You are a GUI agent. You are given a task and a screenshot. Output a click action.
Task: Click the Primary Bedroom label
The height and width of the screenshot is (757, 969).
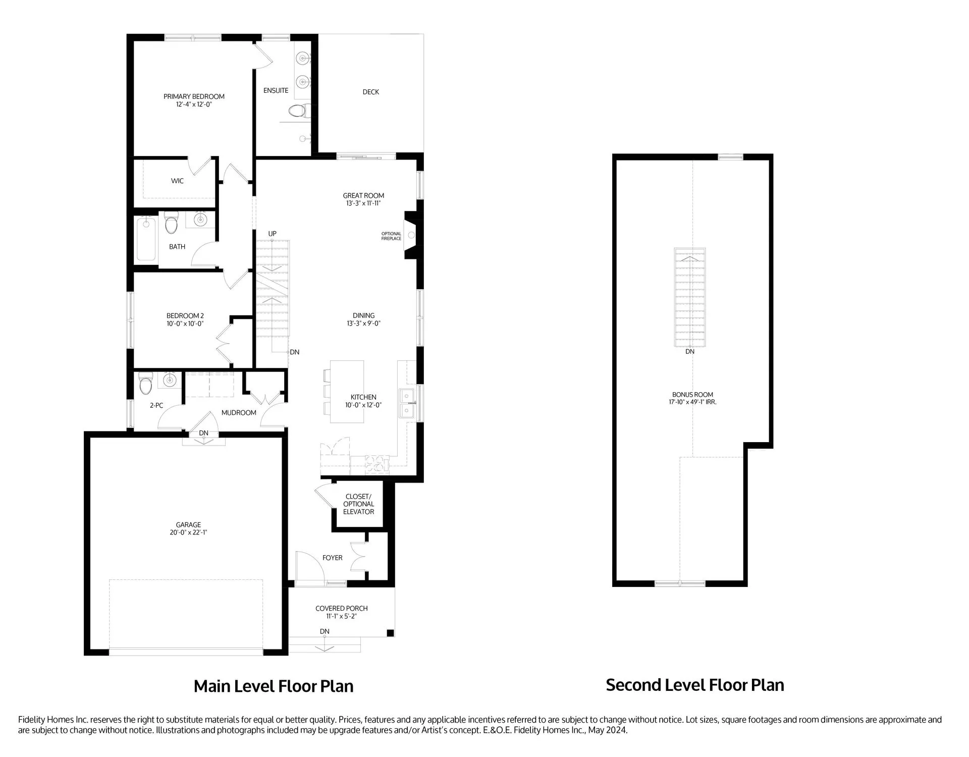pyautogui.click(x=194, y=96)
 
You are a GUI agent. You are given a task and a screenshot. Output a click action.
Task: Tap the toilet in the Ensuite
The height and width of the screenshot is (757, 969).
pyautogui.click(x=298, y=110)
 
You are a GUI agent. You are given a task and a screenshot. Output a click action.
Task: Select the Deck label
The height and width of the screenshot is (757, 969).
pyautogui.click(x=371, y=92)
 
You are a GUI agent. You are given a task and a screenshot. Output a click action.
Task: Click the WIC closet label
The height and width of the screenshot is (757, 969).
pyautogui.click(x=177, y=181)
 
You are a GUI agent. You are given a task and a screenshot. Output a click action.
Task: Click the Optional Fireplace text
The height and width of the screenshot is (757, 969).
pyautogui.click(x=391, y=236)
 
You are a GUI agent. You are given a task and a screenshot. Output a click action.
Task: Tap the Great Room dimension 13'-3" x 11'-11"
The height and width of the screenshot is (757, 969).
pyautogui.click(x=363, y=203)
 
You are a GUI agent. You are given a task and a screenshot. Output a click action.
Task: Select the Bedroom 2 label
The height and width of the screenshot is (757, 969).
pyautogui.click(x=185, y=316)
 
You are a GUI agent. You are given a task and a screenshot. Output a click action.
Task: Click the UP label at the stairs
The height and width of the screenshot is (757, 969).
pyautogui.click(x=273, y=234)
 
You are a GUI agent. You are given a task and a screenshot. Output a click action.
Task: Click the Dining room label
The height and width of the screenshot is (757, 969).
pyautogui.click(x=363, y=315)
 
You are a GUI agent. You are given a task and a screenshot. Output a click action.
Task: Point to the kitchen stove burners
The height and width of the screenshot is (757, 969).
pyautogui.click(x=377, y=464)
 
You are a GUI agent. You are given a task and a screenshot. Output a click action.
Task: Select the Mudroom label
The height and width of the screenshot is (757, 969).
pyautogui.click(x=239, y=413)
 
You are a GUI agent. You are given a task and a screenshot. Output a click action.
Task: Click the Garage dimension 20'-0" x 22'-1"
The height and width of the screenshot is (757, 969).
pyautogui.click(x=189, y=532)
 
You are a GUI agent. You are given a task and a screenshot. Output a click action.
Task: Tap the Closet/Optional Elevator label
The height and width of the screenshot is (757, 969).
pyautogui.click(x=358, y=504)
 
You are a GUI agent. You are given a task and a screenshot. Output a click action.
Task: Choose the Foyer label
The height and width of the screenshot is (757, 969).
pyautogui.click(x=333, y=558)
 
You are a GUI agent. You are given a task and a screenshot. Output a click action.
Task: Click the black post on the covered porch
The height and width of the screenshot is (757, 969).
pyautogui.click(x=390, y=633)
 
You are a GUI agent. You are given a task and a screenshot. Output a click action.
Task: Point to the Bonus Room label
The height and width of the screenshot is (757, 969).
pyautogui.click(x=692, y=395)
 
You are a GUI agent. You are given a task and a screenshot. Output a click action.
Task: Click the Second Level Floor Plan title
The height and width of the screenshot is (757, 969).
pyautogui.click(x=695, y=685)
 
